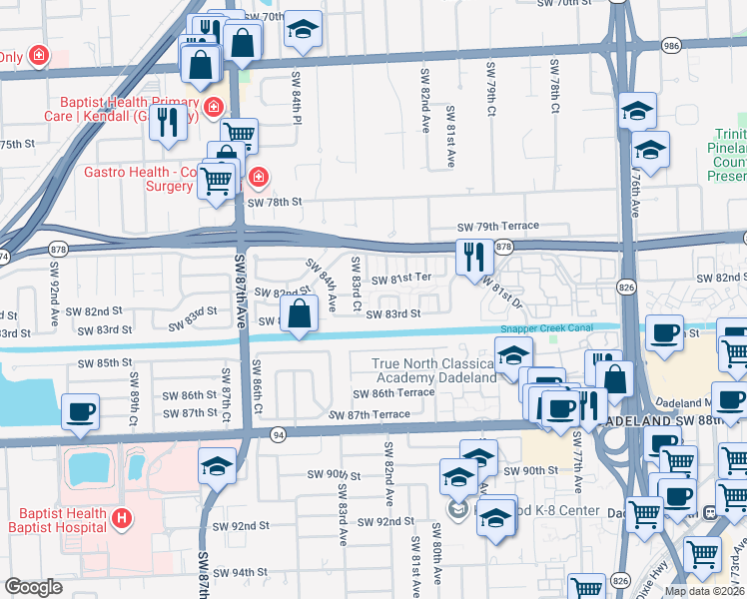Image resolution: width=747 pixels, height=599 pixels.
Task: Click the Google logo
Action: [33, 587]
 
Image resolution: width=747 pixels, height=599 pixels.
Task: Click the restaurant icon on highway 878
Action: [474, 257]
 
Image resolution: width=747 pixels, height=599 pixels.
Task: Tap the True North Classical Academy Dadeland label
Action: [434, 371]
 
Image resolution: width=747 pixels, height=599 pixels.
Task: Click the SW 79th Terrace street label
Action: [498, 228]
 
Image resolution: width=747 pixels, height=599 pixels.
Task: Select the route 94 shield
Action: [277, 433]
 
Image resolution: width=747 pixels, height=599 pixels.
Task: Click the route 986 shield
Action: [669, 45]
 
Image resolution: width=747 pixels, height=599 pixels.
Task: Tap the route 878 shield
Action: [503, 247]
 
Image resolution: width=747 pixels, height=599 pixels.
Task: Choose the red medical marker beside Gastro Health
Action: [258, 177]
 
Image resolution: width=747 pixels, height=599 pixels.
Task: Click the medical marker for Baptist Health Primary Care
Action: [213, 107]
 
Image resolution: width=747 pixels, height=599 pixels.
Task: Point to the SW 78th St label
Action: [275, 202]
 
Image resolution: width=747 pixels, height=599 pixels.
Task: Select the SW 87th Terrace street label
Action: [370, 414]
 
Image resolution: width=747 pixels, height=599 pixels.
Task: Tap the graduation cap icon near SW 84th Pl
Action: [303, 29]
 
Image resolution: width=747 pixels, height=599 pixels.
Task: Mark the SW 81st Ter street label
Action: [401, 279]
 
